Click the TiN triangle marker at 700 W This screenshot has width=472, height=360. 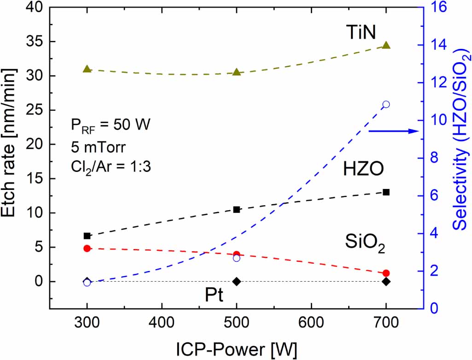tap(386, 45)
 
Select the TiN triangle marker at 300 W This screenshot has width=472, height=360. tap(87, 69)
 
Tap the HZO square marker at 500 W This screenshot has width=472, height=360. tap(237, 209)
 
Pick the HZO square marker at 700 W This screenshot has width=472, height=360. tap(386, 192)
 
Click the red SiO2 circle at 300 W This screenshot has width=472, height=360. tap(87, 248)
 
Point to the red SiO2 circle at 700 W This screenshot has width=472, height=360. tap(386, 273)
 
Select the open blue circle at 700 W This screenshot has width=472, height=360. tap(386, 104)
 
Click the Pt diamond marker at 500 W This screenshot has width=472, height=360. tap(237, 281)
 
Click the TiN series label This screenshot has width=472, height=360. tap(361, 33)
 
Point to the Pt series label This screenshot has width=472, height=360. tap(214, 295)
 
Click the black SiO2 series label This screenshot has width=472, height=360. tap(365, 241)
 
